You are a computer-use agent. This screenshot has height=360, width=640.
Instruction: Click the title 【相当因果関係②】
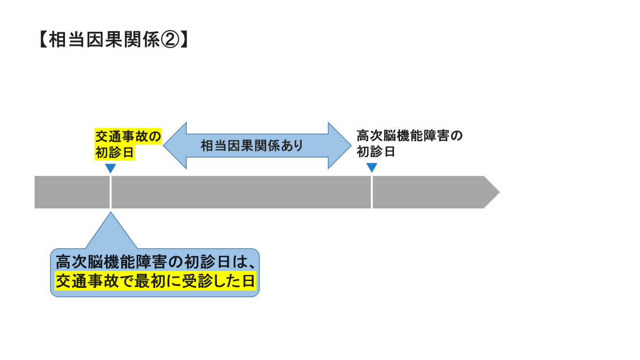click(114, 39)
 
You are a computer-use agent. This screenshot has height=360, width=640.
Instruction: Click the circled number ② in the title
click(170, 39)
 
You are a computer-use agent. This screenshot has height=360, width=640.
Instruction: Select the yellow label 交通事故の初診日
click(128, 144)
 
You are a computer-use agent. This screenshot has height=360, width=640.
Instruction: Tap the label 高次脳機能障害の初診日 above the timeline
click(409, 144)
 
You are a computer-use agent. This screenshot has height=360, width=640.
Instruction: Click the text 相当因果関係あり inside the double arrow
click(252, 145)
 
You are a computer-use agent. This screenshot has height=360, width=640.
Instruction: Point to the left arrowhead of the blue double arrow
click(175, 145)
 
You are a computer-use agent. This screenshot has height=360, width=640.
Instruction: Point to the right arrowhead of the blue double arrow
click(340, 145)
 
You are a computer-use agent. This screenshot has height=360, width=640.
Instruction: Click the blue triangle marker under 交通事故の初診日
click(110, 168)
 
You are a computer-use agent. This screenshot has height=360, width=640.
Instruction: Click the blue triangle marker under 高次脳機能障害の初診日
click(372, 167)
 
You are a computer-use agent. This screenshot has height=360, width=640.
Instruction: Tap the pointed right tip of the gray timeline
click(499, 192)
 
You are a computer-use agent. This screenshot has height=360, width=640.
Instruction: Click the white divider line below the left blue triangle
click(110, 192)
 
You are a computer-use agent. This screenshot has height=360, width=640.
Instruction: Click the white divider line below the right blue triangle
click(372, 192)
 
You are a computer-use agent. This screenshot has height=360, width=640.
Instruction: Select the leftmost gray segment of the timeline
click(72, 192)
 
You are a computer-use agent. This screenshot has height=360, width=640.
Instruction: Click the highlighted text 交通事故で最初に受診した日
click(155, 281)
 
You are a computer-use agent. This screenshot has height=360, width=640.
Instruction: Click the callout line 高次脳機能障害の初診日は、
click(155, 262)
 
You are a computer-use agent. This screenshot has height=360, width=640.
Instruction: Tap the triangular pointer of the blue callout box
click(111, 232)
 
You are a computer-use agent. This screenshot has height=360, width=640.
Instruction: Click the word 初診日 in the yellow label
click(114, 152)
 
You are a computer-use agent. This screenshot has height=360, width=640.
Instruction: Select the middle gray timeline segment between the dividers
click(241, 192)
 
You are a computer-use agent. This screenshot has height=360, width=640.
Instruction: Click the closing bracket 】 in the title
click(184, 39)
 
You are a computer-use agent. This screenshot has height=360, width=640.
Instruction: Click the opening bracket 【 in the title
click(43, 39)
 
